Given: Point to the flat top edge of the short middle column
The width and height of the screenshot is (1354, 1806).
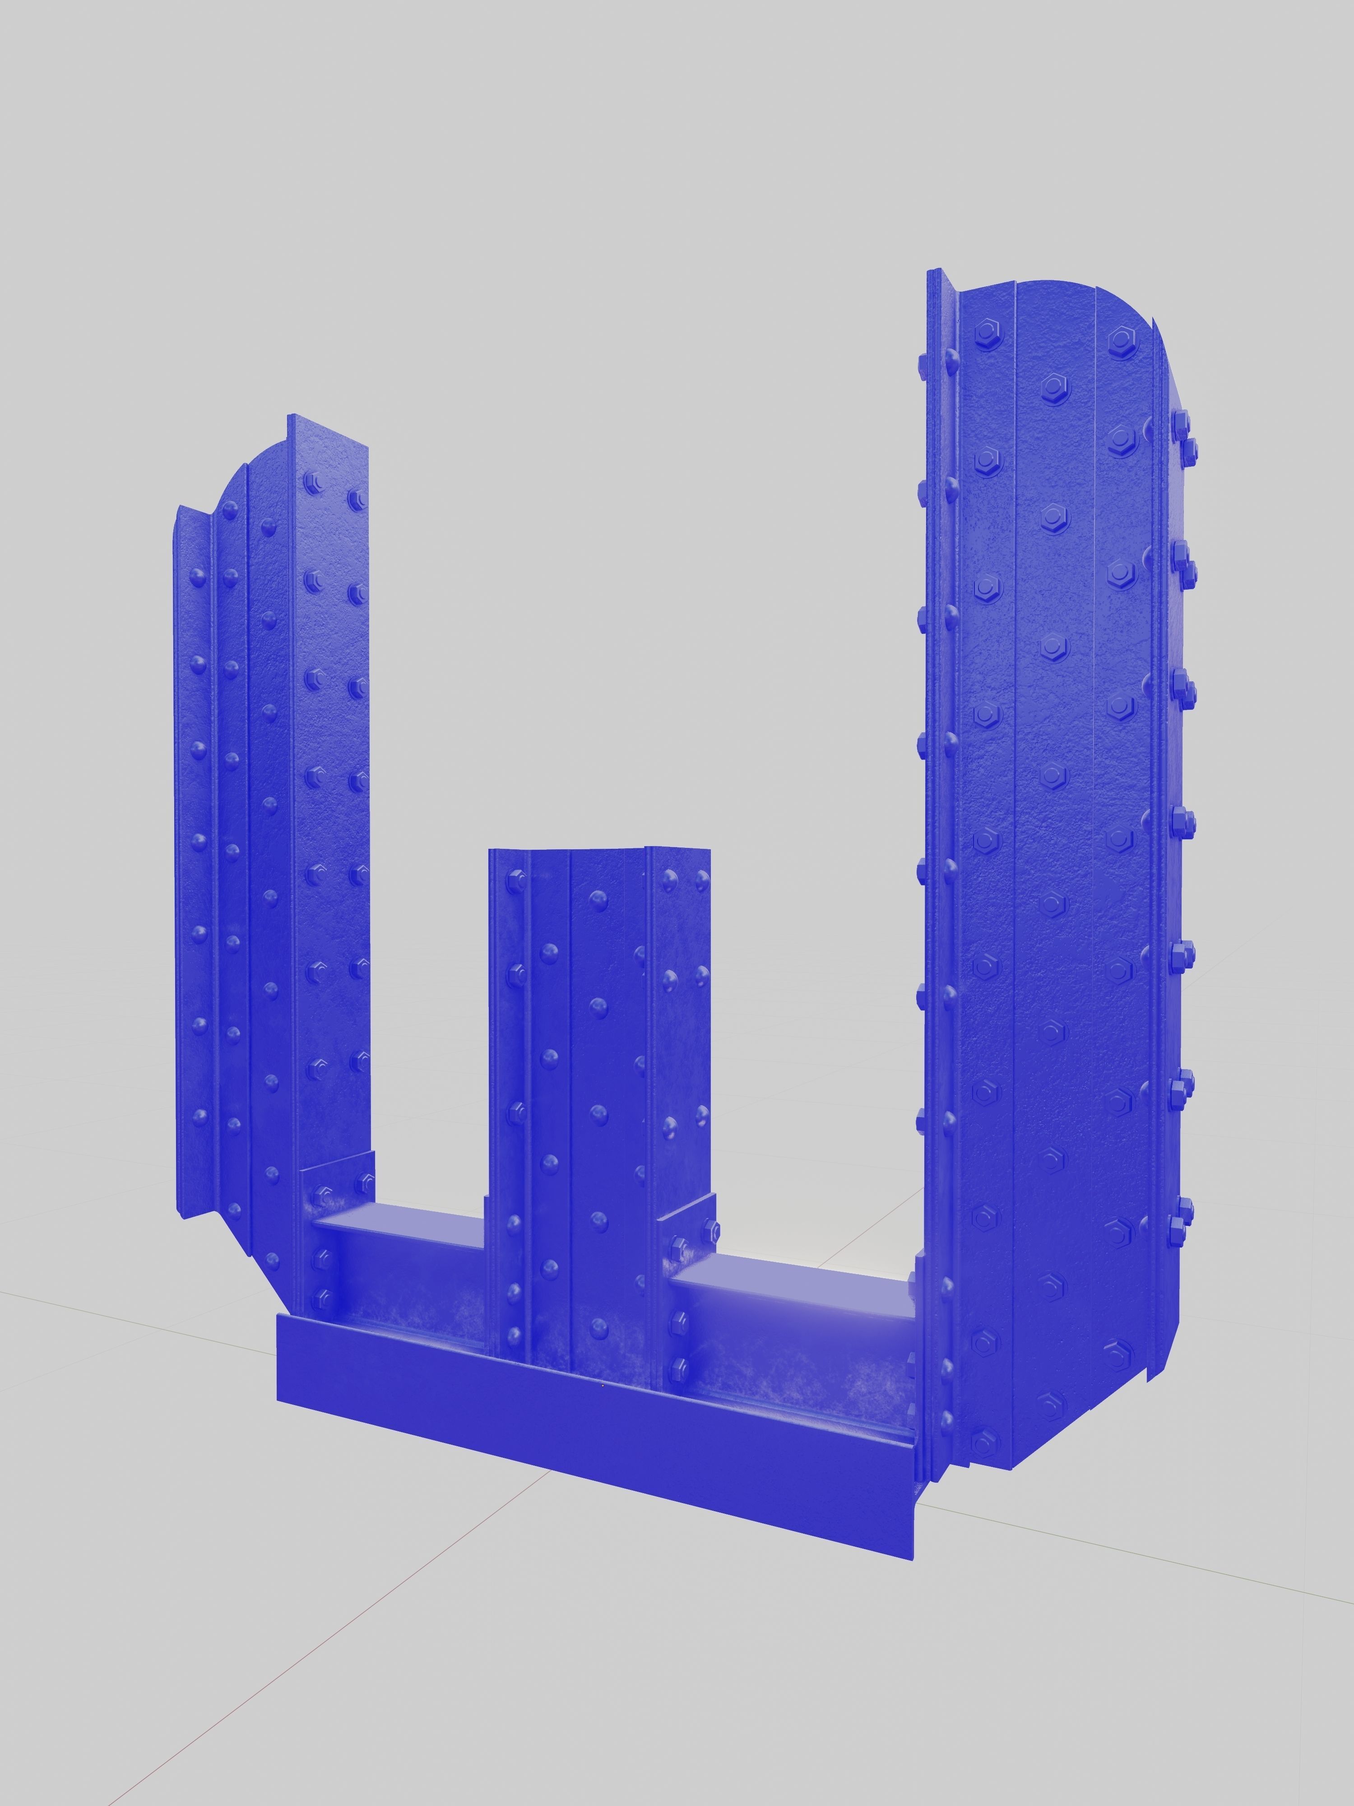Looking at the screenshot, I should (x=600, y=852).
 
